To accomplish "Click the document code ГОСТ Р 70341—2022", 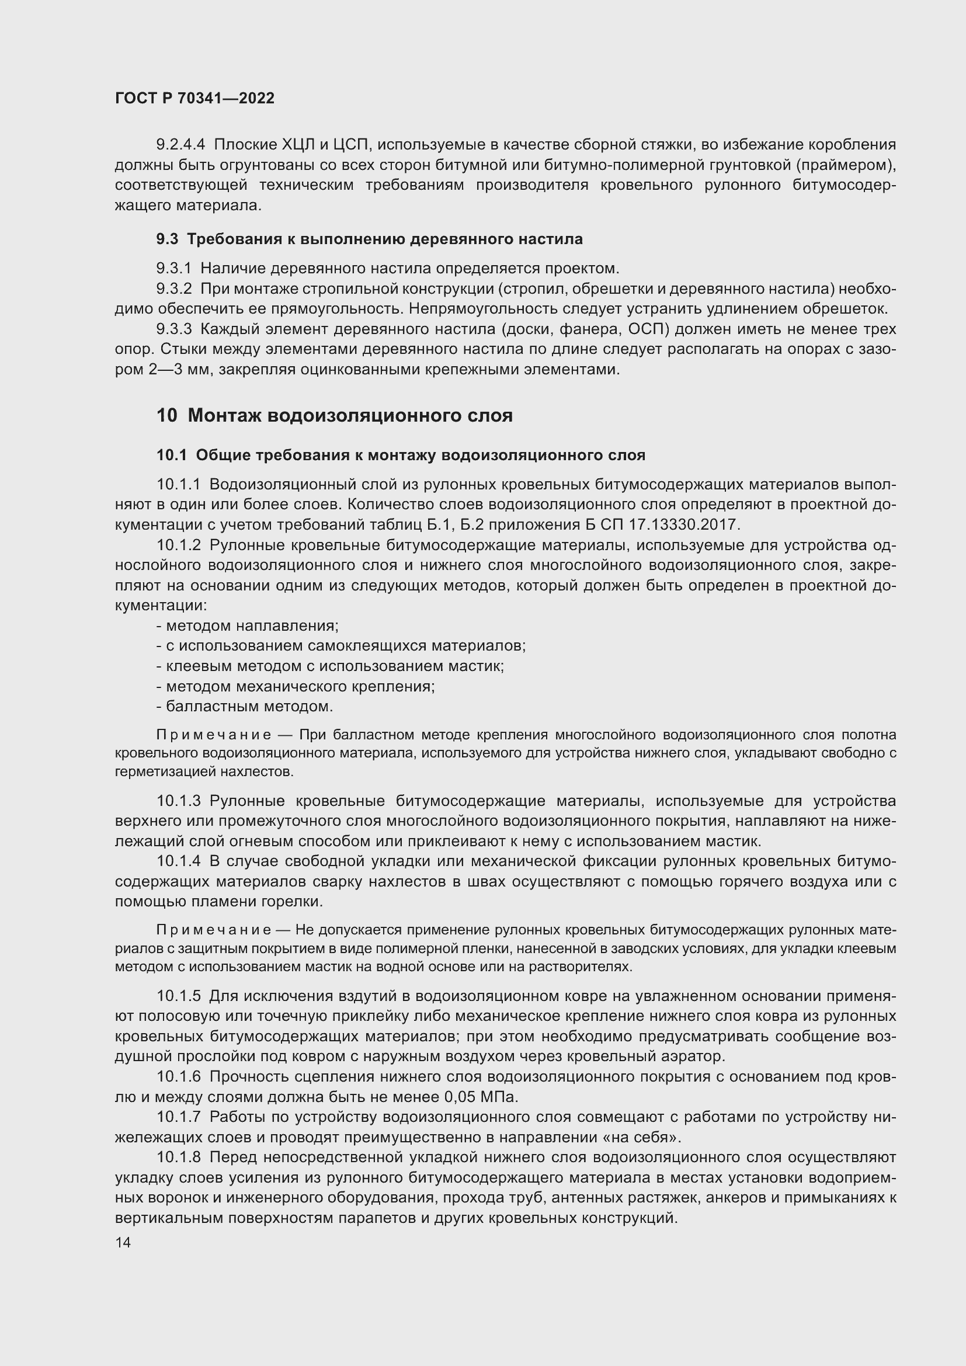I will [194, 98].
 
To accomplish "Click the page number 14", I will [123, 1242].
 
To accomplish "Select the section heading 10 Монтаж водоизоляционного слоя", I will [334, 415].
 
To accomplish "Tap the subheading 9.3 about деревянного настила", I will [369, 239].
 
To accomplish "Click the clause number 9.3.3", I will [173, 329].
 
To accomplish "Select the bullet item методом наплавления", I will [248, 626].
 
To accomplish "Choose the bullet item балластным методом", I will [245, 706].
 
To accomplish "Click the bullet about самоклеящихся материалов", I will [341, 645].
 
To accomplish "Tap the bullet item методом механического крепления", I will [296, 687].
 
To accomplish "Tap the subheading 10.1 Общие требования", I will [400, 455].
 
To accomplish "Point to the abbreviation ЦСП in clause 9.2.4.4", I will [352, 145].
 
